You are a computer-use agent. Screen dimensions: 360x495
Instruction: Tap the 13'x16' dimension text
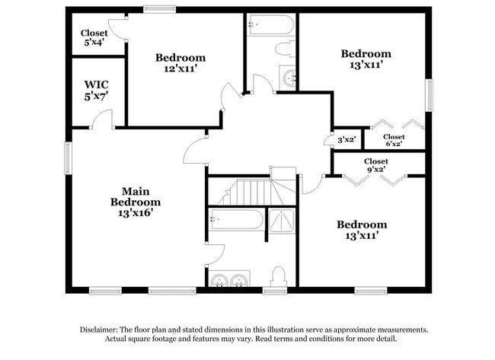(x=136, y=215)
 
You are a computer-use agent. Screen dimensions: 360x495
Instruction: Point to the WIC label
(x=96, y=84)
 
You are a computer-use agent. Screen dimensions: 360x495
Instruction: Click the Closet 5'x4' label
(x=95, y=37)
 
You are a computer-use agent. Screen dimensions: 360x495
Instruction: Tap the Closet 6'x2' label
(x=393, y=140)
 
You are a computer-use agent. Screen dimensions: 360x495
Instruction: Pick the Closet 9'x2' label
(x=375, y=165)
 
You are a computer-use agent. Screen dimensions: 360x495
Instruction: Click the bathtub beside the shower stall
(x=236, y=220)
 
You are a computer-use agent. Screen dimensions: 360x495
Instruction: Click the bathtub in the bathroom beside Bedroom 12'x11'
(x=270, y=25)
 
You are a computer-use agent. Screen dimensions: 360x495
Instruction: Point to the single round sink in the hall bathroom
(x=289, y=77)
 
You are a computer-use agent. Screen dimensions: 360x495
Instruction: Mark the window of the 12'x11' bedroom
(x=160, y=9)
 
